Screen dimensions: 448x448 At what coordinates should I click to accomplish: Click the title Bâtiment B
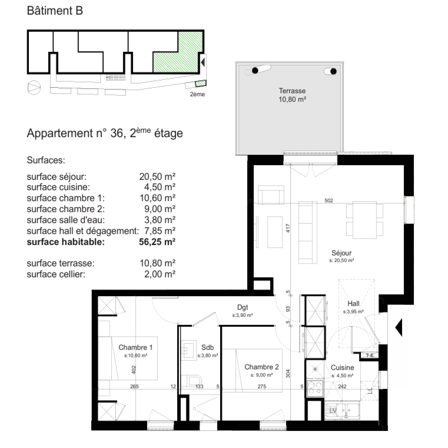click(x=55, y=11)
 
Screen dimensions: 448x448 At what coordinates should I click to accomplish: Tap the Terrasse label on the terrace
click(x=292, y=91)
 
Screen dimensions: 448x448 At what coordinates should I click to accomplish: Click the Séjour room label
click(x=341, y=253)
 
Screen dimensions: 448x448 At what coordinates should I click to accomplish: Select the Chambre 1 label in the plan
click(x=136, y=347)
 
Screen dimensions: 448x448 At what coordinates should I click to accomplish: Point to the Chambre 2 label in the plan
click(x=262, y=367)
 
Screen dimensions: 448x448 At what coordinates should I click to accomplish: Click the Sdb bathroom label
click(x=207, y=347)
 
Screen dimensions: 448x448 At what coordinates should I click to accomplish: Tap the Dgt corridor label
click(x=242, y=307)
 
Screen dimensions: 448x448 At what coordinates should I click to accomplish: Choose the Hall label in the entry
click(x=353, y=304)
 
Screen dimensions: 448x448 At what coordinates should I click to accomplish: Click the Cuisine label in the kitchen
click(x=342, y=367)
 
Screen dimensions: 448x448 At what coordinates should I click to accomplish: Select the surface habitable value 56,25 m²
click(x=157, y=242)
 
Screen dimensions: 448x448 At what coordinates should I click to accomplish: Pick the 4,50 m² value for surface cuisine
click(x=160, y=187)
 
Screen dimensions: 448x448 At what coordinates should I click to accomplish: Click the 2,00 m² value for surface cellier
click(x=160, y=274)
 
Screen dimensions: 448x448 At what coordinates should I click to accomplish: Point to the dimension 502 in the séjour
click(x=329, y=200)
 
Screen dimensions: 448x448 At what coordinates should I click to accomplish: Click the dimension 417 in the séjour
click(x=288, y=228)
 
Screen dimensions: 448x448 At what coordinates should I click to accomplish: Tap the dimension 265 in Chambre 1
click(x=134, y=386)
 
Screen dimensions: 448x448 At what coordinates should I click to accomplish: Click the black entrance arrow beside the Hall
click(x=399, y=327)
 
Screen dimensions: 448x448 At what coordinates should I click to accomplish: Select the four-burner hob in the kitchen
click(x=315, y=388)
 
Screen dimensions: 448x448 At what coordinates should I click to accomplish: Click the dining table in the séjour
click(x=365, y=220)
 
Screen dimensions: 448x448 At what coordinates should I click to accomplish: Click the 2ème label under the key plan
click(x=197, y=94)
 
